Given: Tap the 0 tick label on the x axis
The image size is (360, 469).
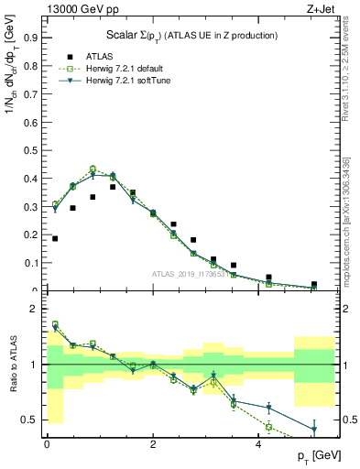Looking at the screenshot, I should tap(47, 444).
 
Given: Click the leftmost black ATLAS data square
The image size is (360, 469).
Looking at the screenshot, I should tap(55, 239).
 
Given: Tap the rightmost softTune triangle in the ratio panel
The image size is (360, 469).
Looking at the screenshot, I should tap(314, 429).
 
